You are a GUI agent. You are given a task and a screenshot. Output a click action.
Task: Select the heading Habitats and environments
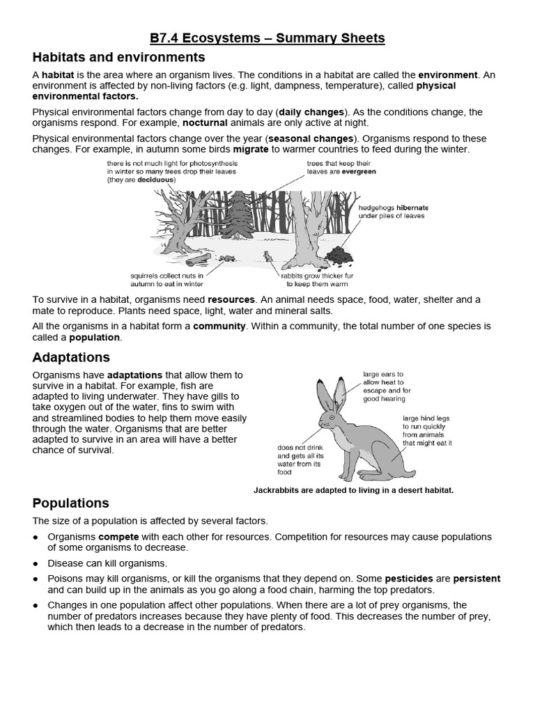(x=118, y=57)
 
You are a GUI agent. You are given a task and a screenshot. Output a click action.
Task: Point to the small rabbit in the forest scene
(x=267, y=258)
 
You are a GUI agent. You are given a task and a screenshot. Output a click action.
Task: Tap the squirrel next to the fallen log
(x=225, y=258)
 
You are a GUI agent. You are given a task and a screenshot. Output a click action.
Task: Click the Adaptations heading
(x=71, y=357)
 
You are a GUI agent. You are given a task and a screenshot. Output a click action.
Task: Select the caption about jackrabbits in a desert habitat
(x=353, y=490)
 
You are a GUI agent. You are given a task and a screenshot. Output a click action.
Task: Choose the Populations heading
(x=71, y=503)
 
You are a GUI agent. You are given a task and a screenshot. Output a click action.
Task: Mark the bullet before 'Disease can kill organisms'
(x=36, y=563)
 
